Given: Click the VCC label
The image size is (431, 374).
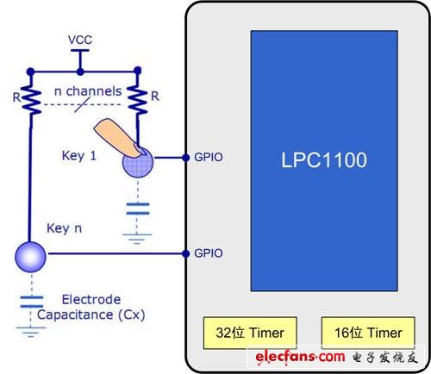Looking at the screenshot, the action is [80, 40].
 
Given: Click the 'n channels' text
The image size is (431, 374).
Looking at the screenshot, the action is [88, 91].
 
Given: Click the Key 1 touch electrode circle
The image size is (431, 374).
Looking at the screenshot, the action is [138, 163].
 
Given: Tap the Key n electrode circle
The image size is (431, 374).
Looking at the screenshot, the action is [30, 257].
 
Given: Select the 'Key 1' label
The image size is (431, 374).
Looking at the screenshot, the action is [78, 156].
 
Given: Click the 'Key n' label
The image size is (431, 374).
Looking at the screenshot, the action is [64, 228].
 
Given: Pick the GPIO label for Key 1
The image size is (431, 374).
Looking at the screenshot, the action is [209, 158].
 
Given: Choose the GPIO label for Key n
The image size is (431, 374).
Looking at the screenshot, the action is [209, 253].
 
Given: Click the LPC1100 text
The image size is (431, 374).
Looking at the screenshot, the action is [324, 160].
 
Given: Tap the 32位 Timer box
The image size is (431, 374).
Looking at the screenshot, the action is [250, 333].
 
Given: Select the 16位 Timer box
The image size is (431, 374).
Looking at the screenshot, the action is [368, 333].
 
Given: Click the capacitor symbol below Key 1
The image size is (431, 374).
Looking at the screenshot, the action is [138, 209].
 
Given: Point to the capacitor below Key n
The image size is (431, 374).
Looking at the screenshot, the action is [32, 302].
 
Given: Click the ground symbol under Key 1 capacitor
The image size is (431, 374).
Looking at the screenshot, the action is [137, 239].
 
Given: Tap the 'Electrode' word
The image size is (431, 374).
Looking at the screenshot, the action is [91, 300].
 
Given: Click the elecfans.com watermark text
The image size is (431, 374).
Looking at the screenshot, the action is [300, 358].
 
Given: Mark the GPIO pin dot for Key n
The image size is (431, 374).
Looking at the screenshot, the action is [186, 253].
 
